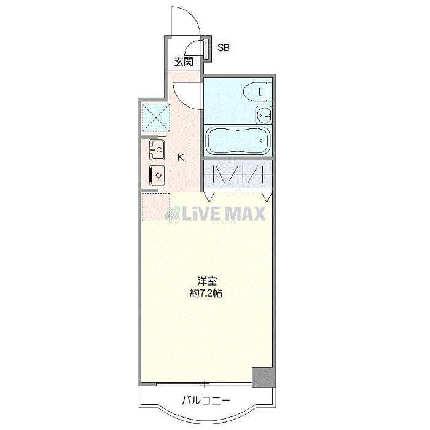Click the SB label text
point(223,48)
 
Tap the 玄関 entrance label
point(184,61)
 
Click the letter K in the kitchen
point(181,157)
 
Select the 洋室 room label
point(207,281)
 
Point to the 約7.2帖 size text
point(206,294)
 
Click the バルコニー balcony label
point(206,401)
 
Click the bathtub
point(238,141)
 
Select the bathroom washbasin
point(264,115)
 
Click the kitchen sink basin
point(157,150)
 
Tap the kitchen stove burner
point(157,175)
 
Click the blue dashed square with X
point(155,118)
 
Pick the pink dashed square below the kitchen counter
point(155,207)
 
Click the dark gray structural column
point(264,377)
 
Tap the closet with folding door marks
point(238,174)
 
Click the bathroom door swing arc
point(184,100)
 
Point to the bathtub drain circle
point(261,141)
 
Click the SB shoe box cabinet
point(206,49)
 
